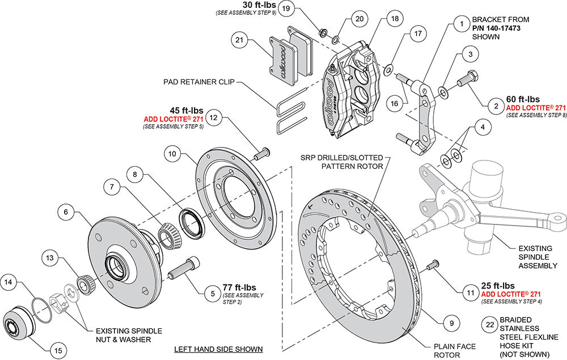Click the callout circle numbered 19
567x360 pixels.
click(286, 9)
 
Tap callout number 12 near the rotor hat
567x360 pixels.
click(213, 118)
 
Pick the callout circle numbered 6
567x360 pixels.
click(66, 212)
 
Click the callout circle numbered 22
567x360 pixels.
click(489, 325)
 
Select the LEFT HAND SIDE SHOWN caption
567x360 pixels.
click(219, 348)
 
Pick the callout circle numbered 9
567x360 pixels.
click(451, 324)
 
